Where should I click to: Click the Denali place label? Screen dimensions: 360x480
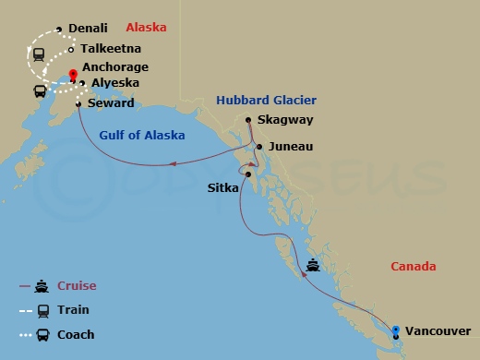click(88, 30)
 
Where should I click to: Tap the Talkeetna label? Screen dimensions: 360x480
click(111, 49)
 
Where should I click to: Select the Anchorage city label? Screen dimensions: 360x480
click(114, 67)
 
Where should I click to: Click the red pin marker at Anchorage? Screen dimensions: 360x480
click(72, 76)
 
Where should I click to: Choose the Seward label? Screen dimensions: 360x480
click(111, 103)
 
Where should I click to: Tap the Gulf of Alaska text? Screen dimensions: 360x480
click(141, 136)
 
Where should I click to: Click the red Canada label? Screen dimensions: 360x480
click(413, 267)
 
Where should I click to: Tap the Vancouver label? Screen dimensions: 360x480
click(437, 330)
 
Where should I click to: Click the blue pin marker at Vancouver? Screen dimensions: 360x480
click(395, 330)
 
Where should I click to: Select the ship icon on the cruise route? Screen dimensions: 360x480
click(314, 265)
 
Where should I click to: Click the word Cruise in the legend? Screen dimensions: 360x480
click(78, 286)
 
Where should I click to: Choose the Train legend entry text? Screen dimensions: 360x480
click(74, 310)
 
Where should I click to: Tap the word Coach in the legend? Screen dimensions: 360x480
click(76, 334)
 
